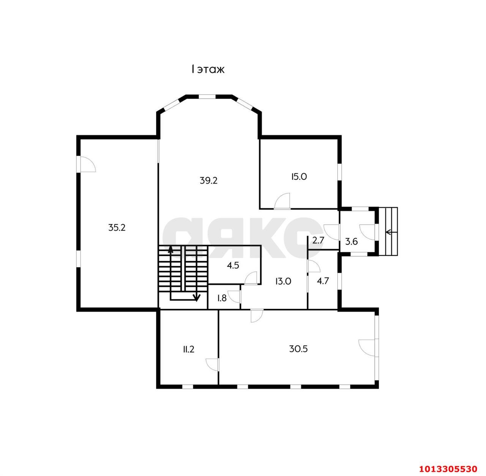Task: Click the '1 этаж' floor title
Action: (208, 69)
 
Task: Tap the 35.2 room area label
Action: (117, 228)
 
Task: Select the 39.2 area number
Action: (208, 181)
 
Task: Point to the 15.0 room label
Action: (299, 177)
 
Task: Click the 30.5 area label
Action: (298, 349)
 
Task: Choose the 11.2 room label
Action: (189, 349)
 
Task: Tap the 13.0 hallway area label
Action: (283, 281)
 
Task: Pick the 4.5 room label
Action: (233, 265)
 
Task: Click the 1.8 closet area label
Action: (222, 298)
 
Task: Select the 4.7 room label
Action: (323, 281)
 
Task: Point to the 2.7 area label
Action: (318, 240)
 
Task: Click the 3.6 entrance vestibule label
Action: (351, 242)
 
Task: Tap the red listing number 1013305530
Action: (448, 469)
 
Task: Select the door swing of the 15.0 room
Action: (282, 201)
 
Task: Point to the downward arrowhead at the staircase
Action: (196, 298)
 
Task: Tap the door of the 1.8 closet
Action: (234, 297)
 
